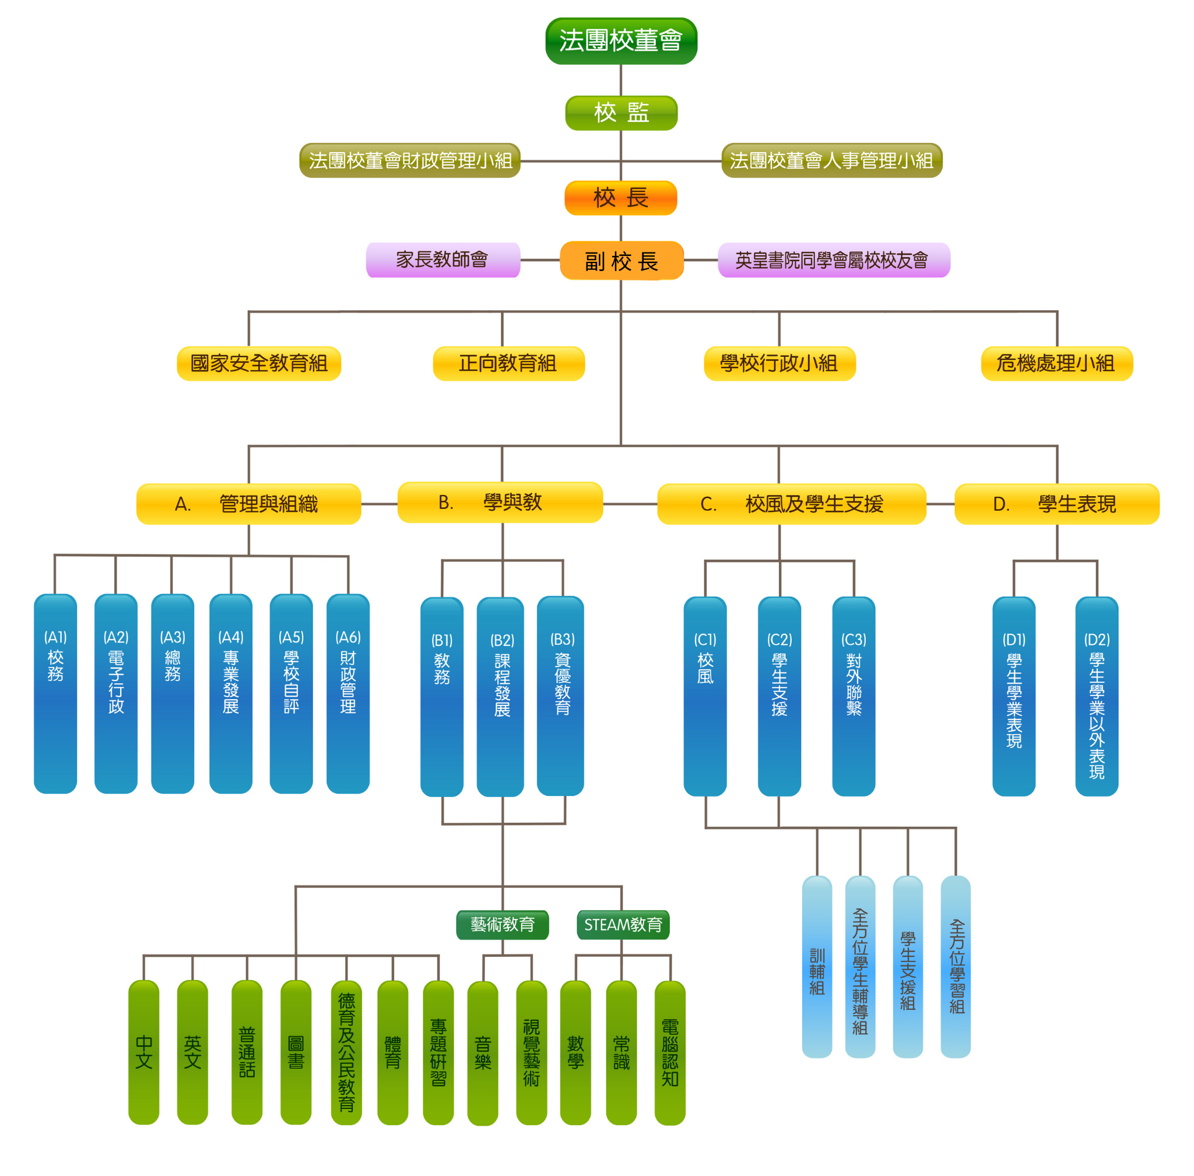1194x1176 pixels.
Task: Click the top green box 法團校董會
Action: click(621, 41)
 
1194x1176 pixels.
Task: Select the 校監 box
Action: click(621, 113)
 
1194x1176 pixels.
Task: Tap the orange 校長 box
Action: click(620, 198)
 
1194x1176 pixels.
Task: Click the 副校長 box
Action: click(621, 261)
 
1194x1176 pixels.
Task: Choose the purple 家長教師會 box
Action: click(443, 260)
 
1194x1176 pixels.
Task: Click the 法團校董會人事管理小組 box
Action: click(831, 160)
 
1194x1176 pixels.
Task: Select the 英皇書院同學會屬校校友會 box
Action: click(833, 260)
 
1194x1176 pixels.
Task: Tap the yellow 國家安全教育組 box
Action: click(259, 363)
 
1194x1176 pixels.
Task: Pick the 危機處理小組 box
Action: click(1056, 363)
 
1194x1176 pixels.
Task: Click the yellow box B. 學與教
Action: click(500, 503)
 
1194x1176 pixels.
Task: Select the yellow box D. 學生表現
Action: click(1056, 504)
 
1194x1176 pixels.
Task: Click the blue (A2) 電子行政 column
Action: click(115, 693)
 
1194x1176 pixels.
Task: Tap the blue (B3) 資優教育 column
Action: click(560, 695)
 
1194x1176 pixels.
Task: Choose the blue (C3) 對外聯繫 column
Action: click(853, 696)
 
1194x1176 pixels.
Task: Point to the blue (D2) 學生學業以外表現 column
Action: click(1097, 696)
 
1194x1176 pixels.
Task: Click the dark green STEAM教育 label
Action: click(623, 925)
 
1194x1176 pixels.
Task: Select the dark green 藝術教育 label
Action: click(502, 925)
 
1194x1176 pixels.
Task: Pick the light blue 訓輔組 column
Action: click(817, 967)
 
